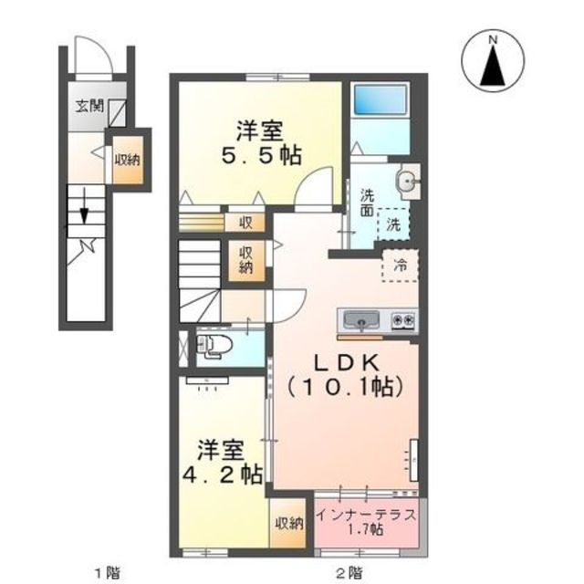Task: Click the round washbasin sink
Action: (406, 181)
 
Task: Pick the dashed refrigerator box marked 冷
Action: (399, 266)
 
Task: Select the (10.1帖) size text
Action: (344, 387)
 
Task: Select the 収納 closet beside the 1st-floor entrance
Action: (127, 160)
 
